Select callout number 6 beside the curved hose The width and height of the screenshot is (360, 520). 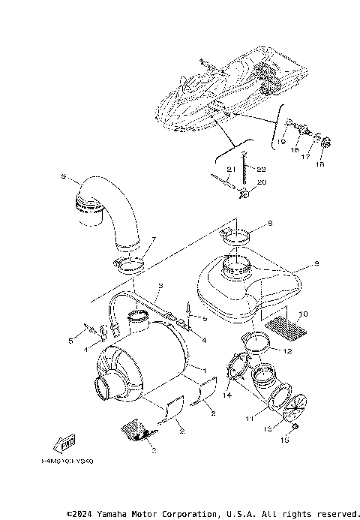[63, 178]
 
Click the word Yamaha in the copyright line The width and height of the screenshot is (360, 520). [113, 514]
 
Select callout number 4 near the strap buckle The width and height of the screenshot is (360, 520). [202, 338]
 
